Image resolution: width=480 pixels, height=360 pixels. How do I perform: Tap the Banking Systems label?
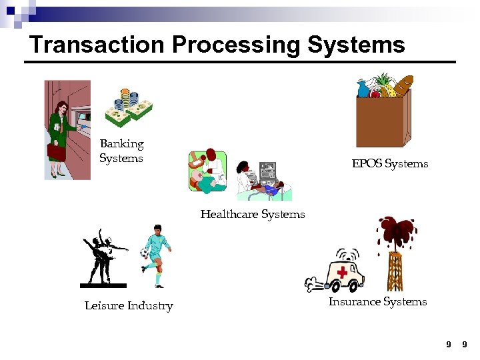[121, 151]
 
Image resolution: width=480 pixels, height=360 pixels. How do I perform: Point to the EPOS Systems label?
[390, 163]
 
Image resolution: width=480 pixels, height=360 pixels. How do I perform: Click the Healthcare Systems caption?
[253, 214]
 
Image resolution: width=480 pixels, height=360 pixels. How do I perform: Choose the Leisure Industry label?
[129, 306]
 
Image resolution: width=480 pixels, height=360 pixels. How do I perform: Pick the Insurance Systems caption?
[377, 301]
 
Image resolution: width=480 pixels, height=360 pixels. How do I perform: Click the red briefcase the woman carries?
[57, 153]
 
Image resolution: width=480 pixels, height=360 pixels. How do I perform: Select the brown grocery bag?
[379, 120]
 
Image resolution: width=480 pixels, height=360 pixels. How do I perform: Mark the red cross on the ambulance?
[343, 273]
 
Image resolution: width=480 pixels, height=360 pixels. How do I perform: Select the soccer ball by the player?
[144, 253]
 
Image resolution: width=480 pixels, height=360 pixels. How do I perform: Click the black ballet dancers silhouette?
[103, 257]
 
